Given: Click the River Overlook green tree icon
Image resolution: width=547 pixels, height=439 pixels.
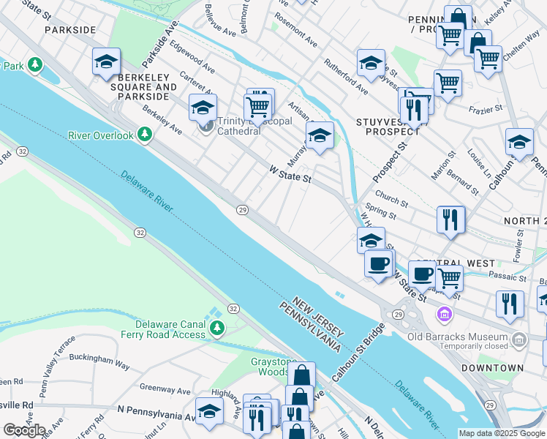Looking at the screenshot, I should (146, 135).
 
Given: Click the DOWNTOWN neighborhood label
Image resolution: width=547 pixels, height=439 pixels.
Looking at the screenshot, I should (497, 368).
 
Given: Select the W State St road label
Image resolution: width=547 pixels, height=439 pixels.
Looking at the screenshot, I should (290, 173).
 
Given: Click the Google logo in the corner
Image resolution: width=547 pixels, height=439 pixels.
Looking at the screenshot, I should (24, 429).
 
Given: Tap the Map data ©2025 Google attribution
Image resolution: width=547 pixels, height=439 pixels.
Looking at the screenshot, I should (502, 433).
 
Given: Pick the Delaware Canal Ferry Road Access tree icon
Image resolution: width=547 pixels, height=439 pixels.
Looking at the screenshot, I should (216, 329).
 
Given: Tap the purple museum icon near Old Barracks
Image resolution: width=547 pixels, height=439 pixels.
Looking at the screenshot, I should (443, 315).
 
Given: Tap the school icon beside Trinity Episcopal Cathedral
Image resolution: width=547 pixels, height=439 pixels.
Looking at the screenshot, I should (203, 108).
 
